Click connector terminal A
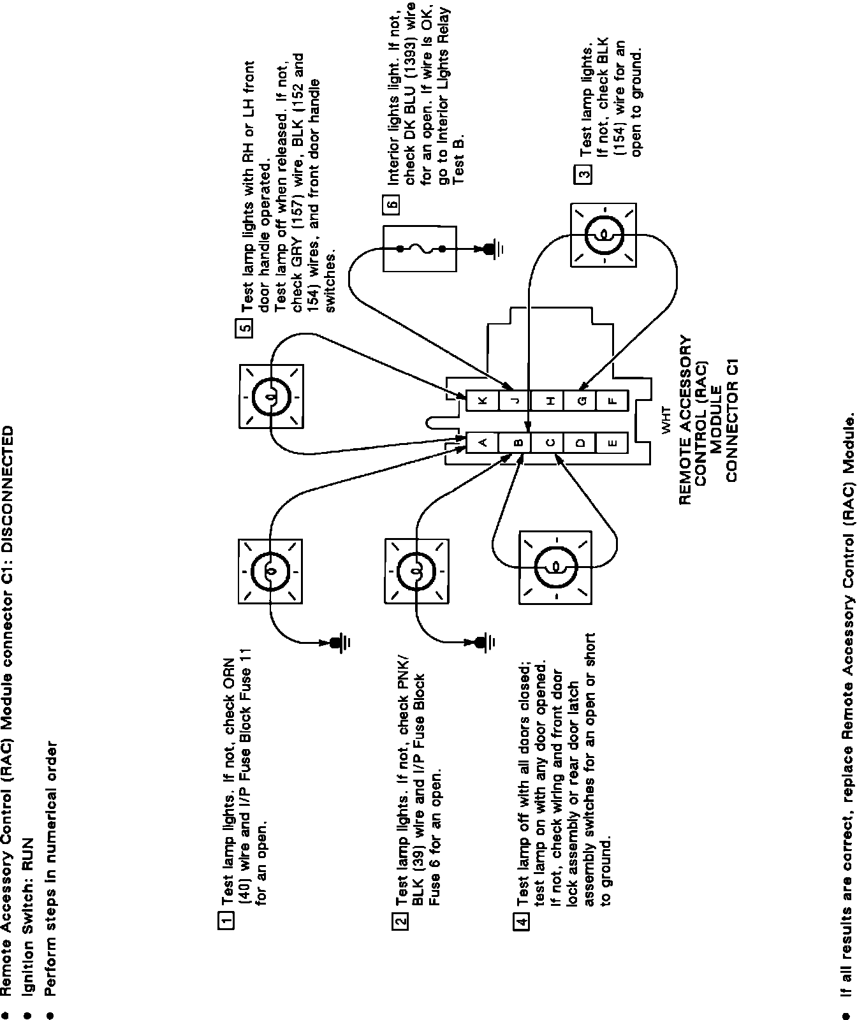point(482,442)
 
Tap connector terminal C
point(548,442)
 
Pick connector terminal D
point(580,442)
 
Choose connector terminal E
point(613,442)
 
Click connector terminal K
point(482,400)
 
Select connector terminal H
point(548,400)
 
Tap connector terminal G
point(580,400)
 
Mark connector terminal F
point(613,400)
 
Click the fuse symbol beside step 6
point(419,249)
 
